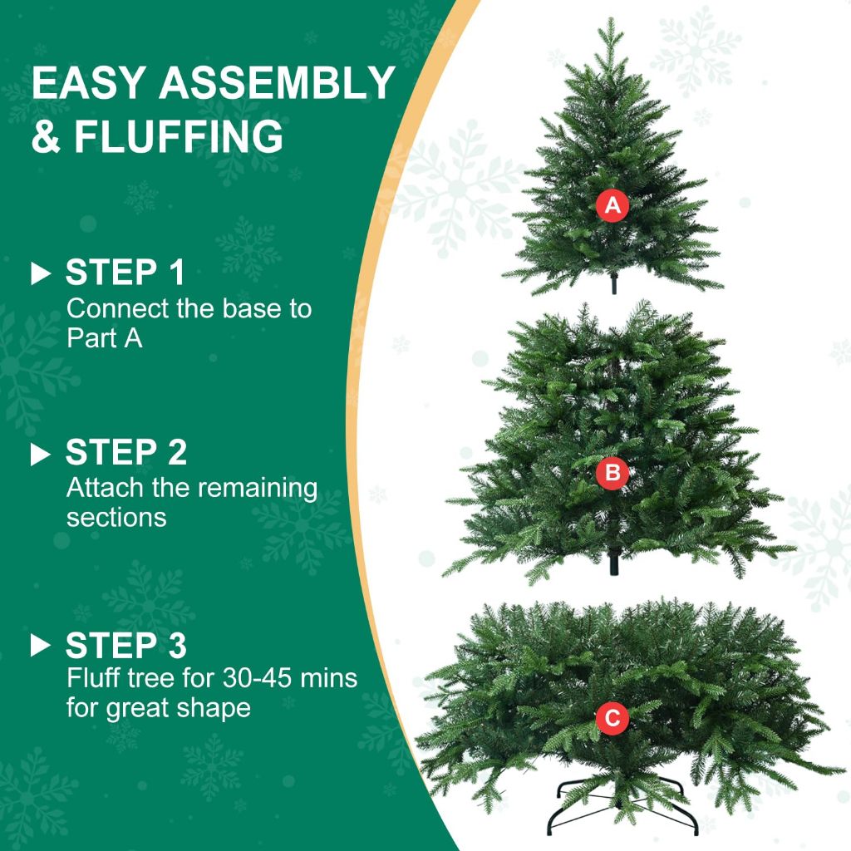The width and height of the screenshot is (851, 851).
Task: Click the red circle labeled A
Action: click(612, 205)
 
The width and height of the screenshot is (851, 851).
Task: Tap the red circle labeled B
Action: click(612, 474)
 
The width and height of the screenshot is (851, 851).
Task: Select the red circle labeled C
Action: click(612, 719)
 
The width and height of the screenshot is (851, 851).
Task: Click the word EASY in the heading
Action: click(88, 83)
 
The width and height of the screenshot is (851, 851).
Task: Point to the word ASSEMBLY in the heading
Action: click(277, 83)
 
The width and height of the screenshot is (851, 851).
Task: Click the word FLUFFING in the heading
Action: click(179, 136)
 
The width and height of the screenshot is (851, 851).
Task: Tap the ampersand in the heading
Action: click(46, 136)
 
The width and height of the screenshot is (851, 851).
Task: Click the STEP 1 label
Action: click(125, 273)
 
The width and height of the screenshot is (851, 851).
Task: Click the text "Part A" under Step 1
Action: click(104, 339)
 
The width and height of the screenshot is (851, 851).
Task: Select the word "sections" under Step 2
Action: click(116, 518)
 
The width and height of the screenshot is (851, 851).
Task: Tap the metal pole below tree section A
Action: click(614, 285)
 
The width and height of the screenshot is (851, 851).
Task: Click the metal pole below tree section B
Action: click(614, 565)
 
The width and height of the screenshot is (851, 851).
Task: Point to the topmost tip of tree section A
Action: click(611, 20)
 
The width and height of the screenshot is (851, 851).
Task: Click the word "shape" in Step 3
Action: click(209, 709)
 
